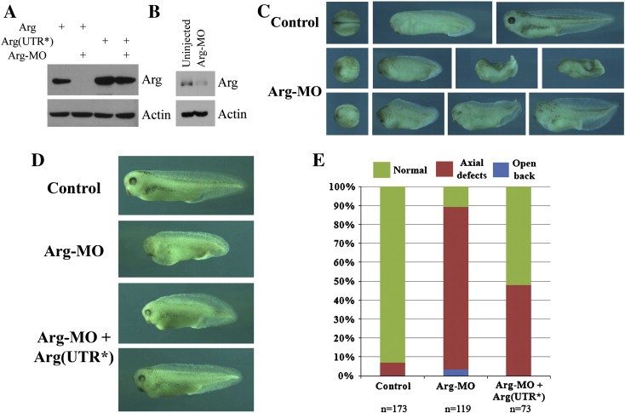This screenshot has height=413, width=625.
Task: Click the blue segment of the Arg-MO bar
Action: point(456,372)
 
